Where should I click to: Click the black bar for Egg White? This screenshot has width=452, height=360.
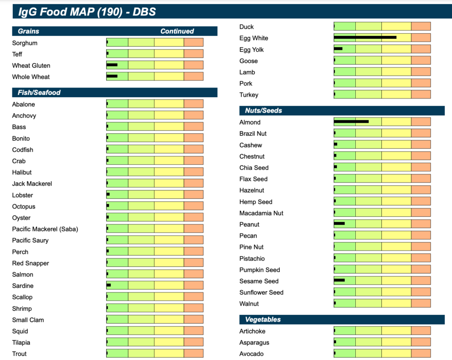click(x=365, y=38)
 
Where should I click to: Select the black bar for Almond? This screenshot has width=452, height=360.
click(x=351, y=121)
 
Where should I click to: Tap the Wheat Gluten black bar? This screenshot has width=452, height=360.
click(x=112, y=65)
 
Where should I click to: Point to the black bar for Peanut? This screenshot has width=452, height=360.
click(x=339, y=224)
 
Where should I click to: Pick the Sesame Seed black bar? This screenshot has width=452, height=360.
click(x=339, y=280)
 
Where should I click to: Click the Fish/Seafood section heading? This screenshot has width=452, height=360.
click(x=39, y=93)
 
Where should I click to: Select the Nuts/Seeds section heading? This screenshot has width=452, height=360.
click(x=264, y=110)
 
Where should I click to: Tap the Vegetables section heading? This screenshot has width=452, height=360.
click(x=263, y=319)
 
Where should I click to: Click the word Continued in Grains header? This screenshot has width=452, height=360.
click(x=177, y=31)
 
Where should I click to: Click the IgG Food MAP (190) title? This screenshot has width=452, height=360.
click(x=87, y=11)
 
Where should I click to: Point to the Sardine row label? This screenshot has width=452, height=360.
click(x=23, y=286)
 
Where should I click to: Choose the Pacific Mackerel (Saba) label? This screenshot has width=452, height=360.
click(x=45, y=229)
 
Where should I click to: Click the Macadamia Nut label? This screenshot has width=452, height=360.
click(x=261, y=213)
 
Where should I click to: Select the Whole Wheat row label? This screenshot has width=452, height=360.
click(x=31, y=77)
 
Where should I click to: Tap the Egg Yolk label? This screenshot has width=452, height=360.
click(x=252, y=49)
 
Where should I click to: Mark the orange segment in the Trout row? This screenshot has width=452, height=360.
click(x=193, y=353)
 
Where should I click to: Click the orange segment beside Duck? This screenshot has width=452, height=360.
click(x=421, y=27)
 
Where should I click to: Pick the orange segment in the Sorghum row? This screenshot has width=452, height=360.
click(x=193, y=42)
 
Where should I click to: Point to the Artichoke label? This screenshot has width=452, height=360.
click(x=252, y=331)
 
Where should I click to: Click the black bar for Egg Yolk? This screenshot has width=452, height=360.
click(x=338, y=49)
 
